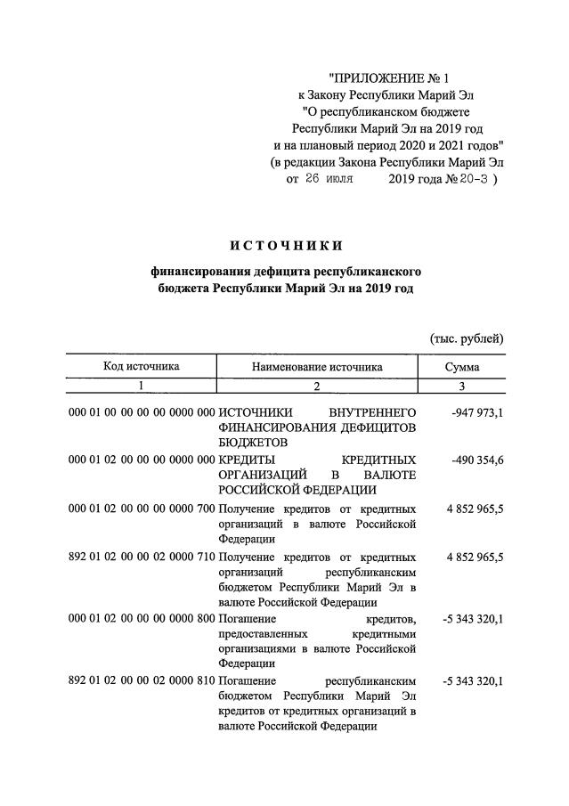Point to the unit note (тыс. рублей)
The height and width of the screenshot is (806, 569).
467,338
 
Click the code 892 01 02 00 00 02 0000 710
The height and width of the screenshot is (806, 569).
142,557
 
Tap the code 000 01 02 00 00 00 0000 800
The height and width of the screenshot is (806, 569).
142,618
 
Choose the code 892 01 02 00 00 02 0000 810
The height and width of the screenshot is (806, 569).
142,680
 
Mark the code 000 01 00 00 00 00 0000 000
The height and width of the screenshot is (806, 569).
142,412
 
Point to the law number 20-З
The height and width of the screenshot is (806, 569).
471,178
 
